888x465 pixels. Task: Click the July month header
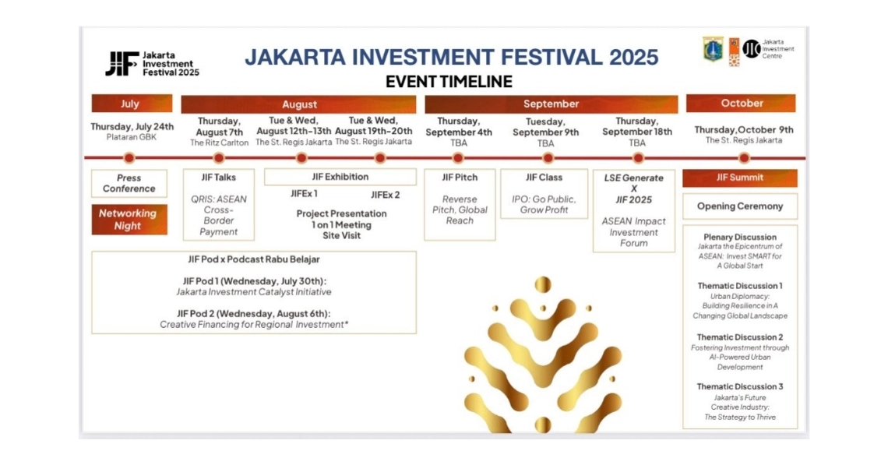[x=132, y=104]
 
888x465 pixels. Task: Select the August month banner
[x=298, y=104]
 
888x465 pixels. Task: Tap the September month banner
[x=551, y=104]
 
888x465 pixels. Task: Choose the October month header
[x=741, y=103]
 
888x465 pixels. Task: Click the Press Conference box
[x=129, y=184]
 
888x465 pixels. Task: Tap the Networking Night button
[x=129, y=219]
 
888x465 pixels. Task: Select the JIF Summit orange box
[x=740, y=178]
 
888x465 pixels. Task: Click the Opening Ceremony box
[x=740, y=206]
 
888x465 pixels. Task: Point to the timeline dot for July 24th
[x=129, y=158]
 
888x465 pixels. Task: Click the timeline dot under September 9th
[x=547, y=158]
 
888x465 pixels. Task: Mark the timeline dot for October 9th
[x=744, y=158]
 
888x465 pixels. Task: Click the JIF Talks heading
[x=219, y=178]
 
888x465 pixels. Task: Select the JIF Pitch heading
[x=460, y=178]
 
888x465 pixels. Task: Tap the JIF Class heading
[x=544, y=178]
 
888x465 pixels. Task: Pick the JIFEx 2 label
[x=385, y=195]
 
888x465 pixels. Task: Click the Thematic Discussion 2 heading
[x=740, y=337]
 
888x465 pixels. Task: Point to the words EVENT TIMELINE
[x=449, y=82]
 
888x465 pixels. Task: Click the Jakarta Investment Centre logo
[x=769, y=49]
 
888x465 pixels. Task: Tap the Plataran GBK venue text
[x=132, y=137]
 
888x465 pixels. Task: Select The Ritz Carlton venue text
[x=219, y=143]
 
